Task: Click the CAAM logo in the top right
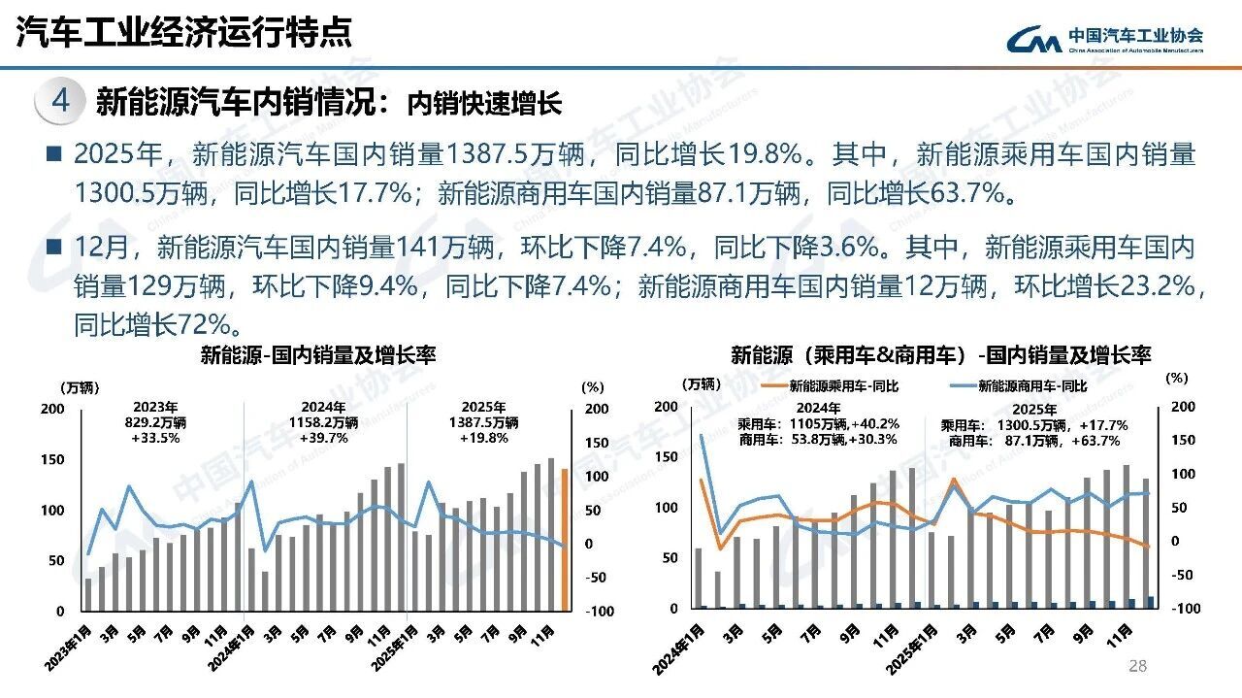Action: click(x=1104, y=39)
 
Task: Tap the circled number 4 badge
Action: click(x=59, y=101)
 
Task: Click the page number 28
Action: click(x=1138, y=666)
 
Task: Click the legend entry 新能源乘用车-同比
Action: click(x=830, y=385)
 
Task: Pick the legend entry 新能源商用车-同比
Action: click(x=1020, y=385)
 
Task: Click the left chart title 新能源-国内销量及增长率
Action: click(x=317, y=355)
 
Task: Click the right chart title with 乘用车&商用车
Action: click(x=940, y=355)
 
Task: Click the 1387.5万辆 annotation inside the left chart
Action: click(x=483, y=422)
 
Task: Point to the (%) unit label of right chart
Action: click(x=1176, y=378)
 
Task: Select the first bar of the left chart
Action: click(x=88, y=594)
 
